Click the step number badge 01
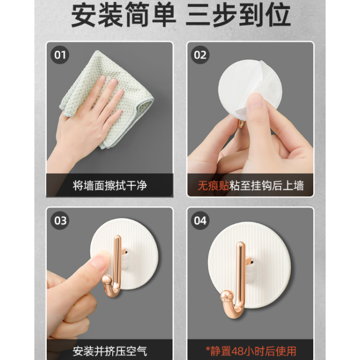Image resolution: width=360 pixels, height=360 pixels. [x=60, y=55]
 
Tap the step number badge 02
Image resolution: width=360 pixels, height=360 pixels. [x=200, y=55]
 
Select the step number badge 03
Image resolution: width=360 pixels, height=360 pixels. [x=60, y=220]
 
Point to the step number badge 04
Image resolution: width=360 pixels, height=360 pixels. [x=200, y=220]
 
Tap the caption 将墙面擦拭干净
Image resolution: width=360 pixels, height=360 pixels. [x=110, y=185]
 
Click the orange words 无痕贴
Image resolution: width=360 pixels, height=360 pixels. [x=213, y=185]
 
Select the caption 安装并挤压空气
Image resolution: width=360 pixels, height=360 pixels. [x=110, y=351]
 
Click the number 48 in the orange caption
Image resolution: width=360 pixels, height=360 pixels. [x=238, y=351]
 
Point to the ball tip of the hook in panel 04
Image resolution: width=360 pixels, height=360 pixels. [x=227, y=297]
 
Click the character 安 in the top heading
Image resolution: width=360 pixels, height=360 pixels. [x=84, y=15]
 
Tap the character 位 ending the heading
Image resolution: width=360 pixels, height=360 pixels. [x=278, y=15]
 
